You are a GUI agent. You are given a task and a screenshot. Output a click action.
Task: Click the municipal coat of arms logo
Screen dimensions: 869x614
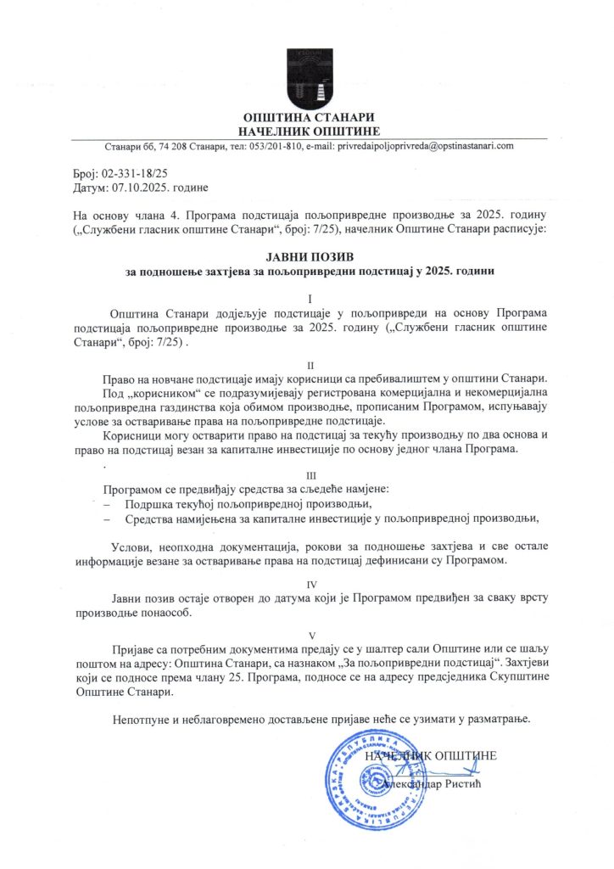coord(308,77)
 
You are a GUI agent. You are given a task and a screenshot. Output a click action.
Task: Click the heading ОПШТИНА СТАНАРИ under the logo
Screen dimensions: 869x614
coord(308,117)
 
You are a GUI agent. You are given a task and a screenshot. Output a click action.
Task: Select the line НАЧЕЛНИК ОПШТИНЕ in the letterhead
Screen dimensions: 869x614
coord(308,130)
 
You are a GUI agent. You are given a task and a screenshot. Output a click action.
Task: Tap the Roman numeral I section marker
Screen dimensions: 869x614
coord(310,300)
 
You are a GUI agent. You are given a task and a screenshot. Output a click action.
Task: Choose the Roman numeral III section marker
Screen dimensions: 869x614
coord(310,475)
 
